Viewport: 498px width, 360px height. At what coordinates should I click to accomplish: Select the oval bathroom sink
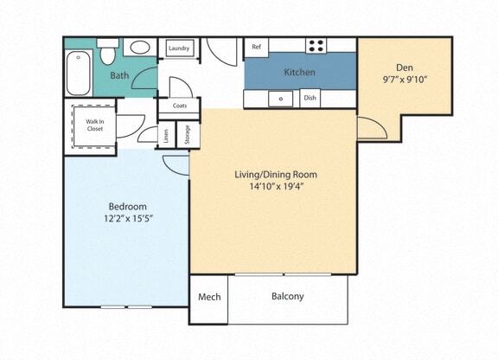pyautogui.click(x=139, y=48)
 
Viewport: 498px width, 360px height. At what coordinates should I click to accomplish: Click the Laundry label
pyautogui.click(x=179, y=48)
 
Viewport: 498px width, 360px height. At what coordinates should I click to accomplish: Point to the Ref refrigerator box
pyautogui.click(x=256, y=47)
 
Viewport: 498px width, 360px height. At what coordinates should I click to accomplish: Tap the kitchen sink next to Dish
pyautogui.click(x=281, y=98)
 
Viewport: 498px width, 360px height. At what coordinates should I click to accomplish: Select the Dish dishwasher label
pyautogui.click(x=310, y=98)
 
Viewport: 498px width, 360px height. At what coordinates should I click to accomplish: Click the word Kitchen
pyautogui.click(x=300, y=72)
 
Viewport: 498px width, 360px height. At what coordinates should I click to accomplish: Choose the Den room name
pyautogui.click(x=405, y=67)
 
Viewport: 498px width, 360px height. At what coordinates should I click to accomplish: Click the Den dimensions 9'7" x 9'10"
pyautogui.click(x=405, y=80)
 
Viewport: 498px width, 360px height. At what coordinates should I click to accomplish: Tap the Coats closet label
pyautogui.click(x=180, y=106)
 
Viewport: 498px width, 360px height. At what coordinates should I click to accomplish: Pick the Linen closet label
pyautogui.click(x=166, y=135)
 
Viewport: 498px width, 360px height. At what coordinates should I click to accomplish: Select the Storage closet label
pyautogui.click(x=186, y=134)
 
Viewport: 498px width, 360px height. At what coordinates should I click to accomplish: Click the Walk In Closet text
pyautogui.click(x=94, y=125)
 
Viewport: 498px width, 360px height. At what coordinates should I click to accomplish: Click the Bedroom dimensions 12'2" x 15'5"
pyautogui.click(x=126, y=218)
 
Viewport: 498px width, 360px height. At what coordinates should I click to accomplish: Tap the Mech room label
pyautogui.click(x=209, y=297)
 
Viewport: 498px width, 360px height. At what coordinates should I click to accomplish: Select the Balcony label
pyautogui.click(x=287, y=297)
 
